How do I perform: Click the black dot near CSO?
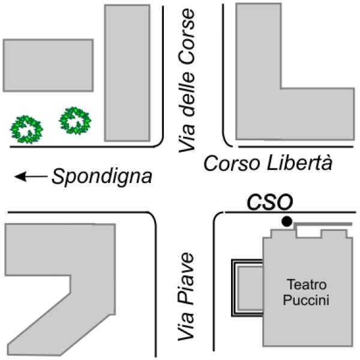click(x=287, y=221)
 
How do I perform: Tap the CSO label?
click(x=270, y=202)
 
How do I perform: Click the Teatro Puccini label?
click(x=306, y=292)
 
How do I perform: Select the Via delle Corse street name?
click(x=187, y=81)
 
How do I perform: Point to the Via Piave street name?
click(x=186, y=296)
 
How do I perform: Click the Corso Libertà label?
click(x=268, y=163)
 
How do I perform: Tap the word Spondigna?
click(x=102, y=177)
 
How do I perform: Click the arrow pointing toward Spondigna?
click(x=31, y=176)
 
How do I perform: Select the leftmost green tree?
click(x=26, y=129)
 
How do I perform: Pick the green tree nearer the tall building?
click(x=75, y=121)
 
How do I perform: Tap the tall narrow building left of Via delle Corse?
click(x=127, y=73)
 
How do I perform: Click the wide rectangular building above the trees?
click(x=48, y=65)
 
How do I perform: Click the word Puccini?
click(x=306, y=300)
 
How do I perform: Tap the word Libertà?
click(x=300, y=163)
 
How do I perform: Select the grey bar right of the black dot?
click(x=323, y=224)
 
